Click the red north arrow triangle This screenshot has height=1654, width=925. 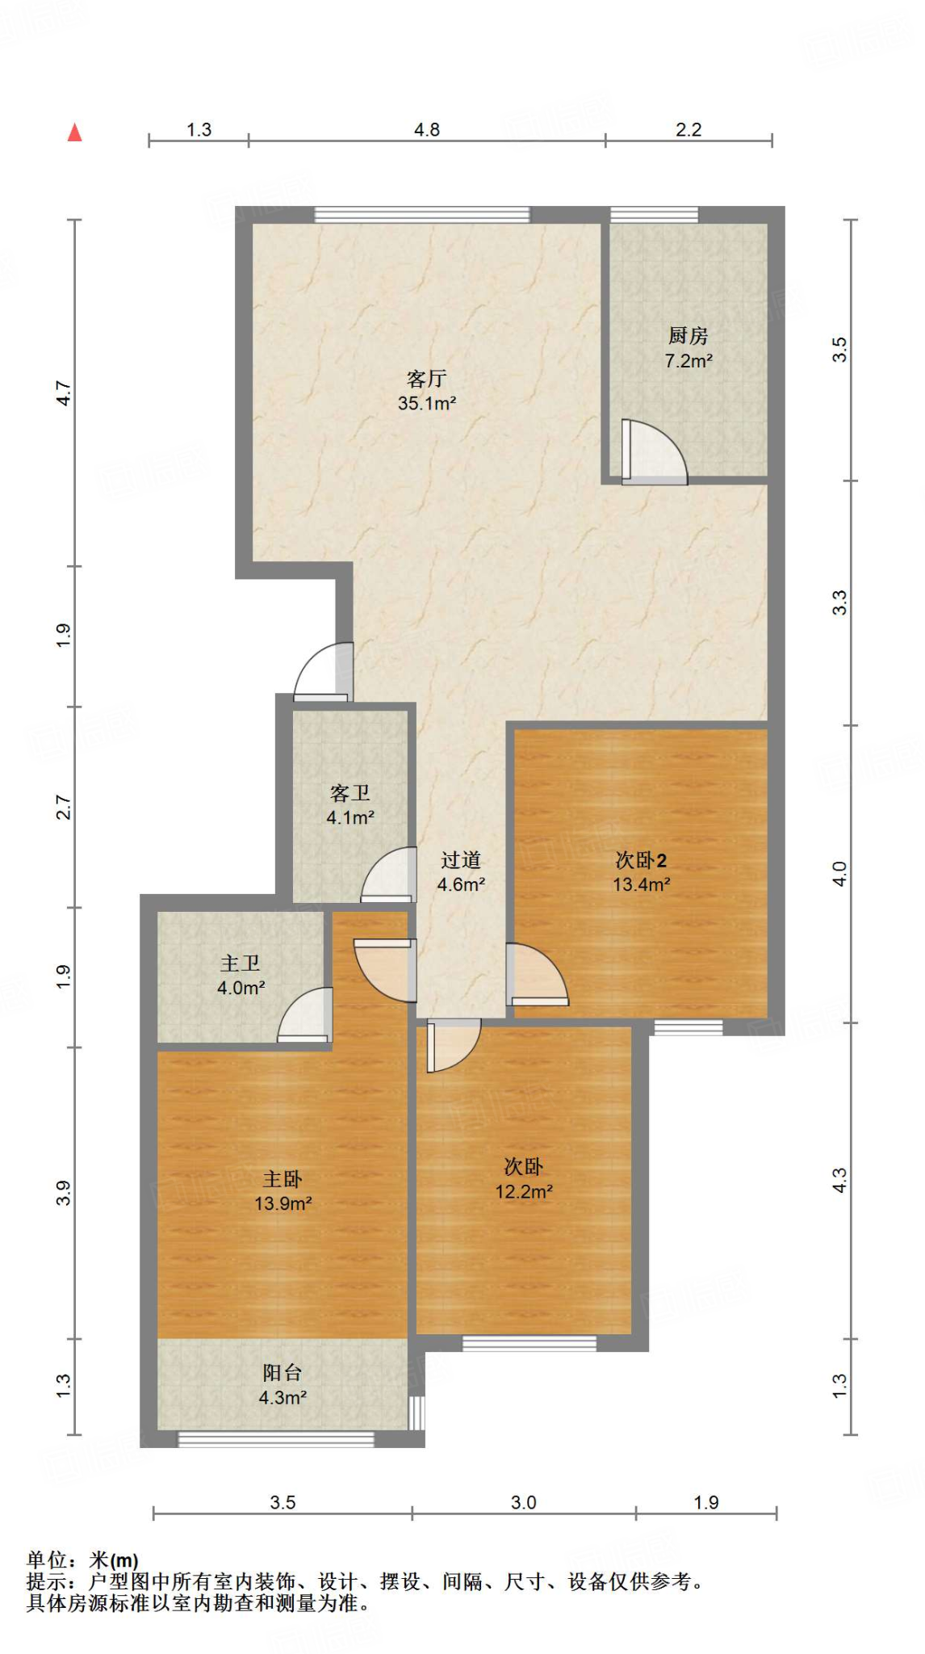[75, 132]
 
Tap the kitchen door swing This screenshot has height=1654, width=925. [654, 452]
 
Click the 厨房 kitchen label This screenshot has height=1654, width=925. [688, 335]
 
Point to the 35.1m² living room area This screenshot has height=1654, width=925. [427, 403]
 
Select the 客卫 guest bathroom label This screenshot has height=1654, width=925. [349, 793]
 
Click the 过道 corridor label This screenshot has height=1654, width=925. [461, 860]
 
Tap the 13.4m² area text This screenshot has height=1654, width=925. [642, 884]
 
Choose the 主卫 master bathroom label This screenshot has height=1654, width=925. [241, 963]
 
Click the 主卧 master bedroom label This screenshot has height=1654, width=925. [283, 1179]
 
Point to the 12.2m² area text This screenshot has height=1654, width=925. [524, 1191]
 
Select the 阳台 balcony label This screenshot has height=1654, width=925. [283, 1372]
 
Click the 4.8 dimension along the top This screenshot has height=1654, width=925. [427, 130]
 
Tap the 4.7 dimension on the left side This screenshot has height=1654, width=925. [64, 393]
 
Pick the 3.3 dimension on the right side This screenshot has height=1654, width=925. [840, 602]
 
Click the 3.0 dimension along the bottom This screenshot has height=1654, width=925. [524, 1502]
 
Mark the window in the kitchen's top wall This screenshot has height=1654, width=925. [654, 215]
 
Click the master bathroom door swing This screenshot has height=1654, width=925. [305, 1014]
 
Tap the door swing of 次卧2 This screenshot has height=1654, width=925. [538, 974]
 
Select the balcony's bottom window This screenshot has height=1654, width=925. [276, 1438]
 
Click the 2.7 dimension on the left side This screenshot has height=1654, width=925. [64, 808]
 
